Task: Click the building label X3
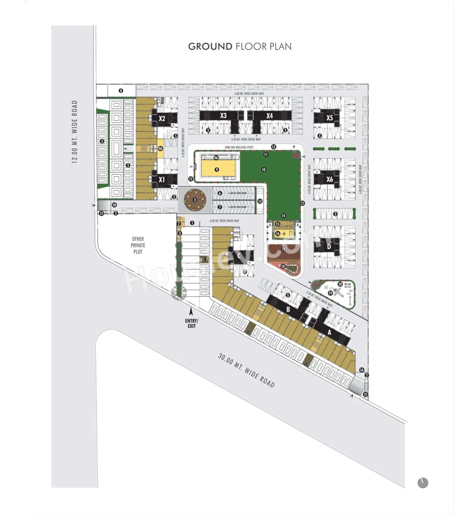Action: click(223, 116)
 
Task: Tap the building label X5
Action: click(330, 118)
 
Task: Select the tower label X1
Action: click(162, 179)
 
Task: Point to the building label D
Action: click(329, 247)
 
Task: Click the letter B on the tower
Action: click(288, 309)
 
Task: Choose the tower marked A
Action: click(330, 332)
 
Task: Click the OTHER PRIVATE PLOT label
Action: click(138, 245)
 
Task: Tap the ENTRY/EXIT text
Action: click(192, 323)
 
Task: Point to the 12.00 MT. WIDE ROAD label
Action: click(74, 132)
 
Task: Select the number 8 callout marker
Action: click(121, 91)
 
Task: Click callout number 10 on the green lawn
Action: click(264, 170)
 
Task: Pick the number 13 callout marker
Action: click(260, 201)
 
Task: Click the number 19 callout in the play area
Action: click(331, 293)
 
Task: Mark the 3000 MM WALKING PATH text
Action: click(239, 147)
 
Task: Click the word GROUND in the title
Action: click(210, 46)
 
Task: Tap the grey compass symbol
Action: click(423, 483)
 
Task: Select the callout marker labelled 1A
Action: click(361, 370)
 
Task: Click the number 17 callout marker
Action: click(283, 249)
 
